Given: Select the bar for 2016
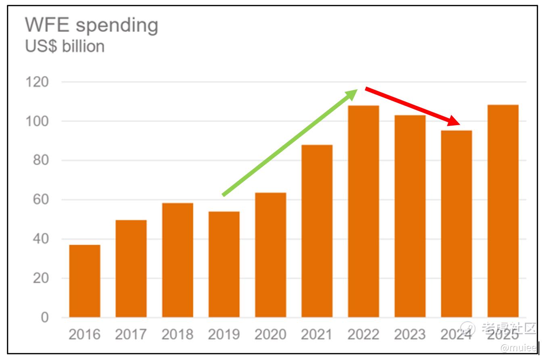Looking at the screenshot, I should pos(85,281).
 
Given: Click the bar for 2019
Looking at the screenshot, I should pos(224,264).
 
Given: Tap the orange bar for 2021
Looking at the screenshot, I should pos(317,231).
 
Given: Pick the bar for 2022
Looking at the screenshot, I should pos(363,211).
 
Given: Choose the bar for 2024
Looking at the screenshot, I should pos(456,224).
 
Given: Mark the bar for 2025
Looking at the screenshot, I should pos(503,211).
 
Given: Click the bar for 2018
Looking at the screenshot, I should pos(177,260).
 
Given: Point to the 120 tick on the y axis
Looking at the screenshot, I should pos(37,82).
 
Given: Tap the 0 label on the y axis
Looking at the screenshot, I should pos(44,317).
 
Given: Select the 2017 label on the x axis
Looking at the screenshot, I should pos(131,335).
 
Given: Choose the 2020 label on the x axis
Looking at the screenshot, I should pos(270,335).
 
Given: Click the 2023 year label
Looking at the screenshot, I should pos(410,335).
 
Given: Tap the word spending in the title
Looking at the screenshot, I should pos(117,26).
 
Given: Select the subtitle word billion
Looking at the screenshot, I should pos(83,46).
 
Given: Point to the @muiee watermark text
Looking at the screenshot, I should pos(518,348).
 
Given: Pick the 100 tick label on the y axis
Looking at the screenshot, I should pos(37,121).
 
